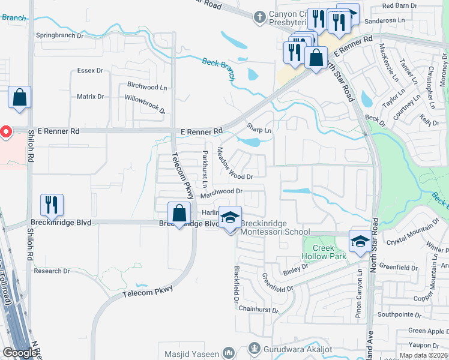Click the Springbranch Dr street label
[59, 35]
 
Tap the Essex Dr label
[90, 71]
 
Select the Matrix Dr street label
[90, 97]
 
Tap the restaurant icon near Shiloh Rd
[52, 205]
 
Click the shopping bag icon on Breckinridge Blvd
[179, 213]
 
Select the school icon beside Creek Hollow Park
[360, 242]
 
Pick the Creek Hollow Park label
[325, 252]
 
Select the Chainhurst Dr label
[259, 310]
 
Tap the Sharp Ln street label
[259, 129]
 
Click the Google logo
[20, 353]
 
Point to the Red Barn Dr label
[399, 6]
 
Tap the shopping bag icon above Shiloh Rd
[19, 98]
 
